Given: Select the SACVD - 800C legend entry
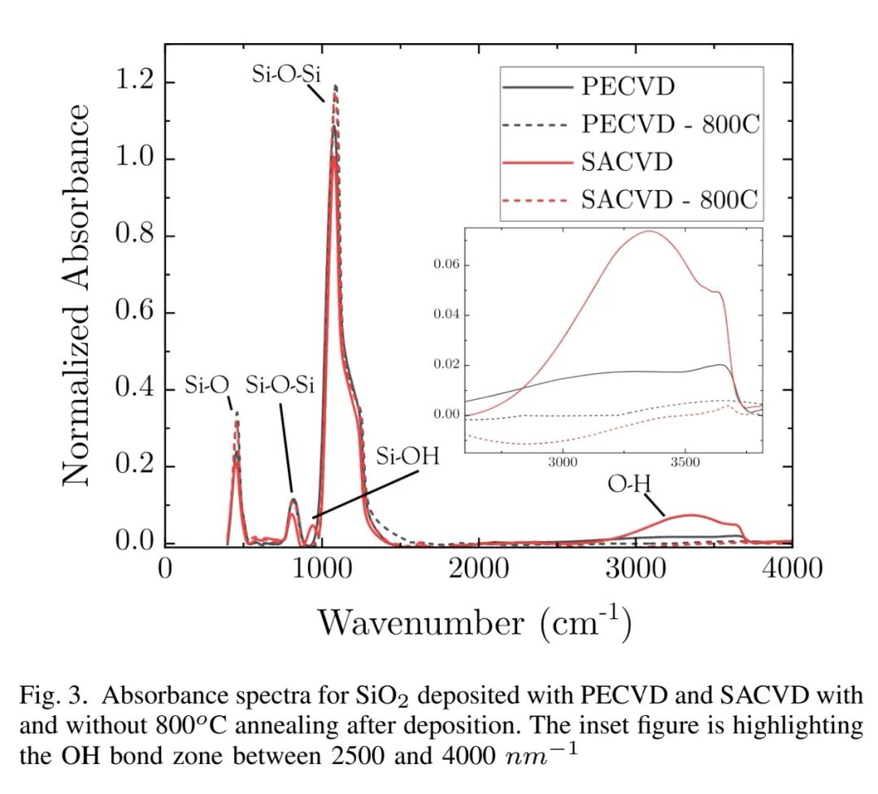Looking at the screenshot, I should tap(673, 200).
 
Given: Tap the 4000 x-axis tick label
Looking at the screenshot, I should tap(789, 568).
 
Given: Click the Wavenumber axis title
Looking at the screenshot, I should tap(475, 623).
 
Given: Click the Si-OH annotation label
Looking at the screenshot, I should tap(407, 456).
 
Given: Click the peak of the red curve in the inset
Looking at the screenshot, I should tap(650, 232).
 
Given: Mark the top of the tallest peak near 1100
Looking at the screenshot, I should tap(335, 86).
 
